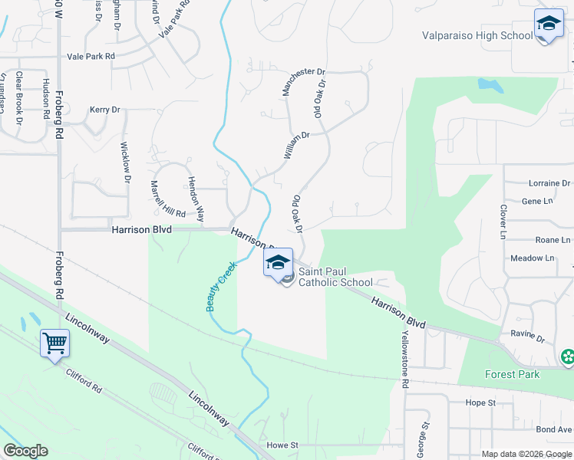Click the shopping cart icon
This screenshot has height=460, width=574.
(55, 343)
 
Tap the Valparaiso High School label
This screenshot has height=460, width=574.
(477, 35)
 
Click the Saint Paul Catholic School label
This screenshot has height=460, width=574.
(335, 277)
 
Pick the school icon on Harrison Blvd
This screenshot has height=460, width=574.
(278, 264)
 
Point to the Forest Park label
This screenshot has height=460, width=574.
(512, 374)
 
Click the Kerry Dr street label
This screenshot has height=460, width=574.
(105, 110)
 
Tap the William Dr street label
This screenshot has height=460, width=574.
(295, 145)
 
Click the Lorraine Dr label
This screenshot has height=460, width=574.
(549, 183)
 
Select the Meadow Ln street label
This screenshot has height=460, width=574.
(532, 258)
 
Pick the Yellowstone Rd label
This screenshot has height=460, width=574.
(403, 360)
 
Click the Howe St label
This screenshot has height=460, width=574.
(282, 445)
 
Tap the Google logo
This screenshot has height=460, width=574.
(25, 451)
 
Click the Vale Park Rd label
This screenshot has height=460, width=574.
(91, 57)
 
